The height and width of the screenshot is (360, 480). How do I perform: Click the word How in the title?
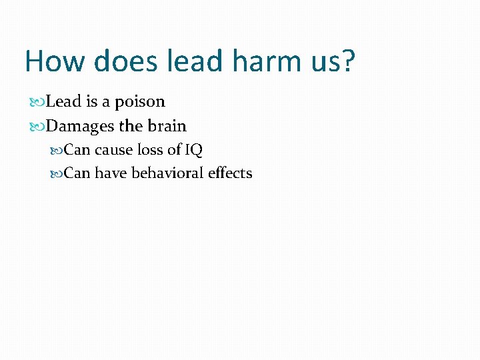pos(55,61)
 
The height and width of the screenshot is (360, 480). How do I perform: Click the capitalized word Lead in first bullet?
pos(63,101)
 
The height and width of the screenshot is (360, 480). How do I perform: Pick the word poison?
pos(139,102)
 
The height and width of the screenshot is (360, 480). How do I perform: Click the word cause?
pos(114,149)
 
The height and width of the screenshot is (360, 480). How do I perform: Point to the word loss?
pos(150,149)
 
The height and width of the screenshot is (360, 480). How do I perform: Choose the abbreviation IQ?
pos(193,149)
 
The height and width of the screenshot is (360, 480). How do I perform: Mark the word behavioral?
pos(167,173)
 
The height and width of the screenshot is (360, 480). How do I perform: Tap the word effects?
pos(230,173)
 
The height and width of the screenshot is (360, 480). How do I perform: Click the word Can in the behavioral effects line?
pos(77,173)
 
